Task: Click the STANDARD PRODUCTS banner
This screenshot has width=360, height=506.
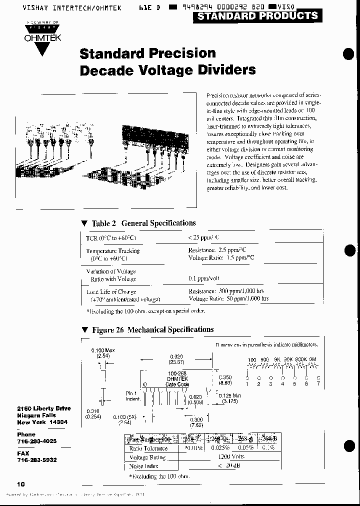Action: click(x=257, y=16)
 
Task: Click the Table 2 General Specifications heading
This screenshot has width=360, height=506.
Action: click(x=143, y=223)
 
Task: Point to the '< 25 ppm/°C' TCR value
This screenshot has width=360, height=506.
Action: click(x=203, y=238)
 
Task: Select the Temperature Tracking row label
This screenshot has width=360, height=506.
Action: click(x=113, y=251)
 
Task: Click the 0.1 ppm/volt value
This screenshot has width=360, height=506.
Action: click(x=204, y=278)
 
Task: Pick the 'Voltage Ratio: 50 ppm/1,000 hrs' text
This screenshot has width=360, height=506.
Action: click(x=228, y=298)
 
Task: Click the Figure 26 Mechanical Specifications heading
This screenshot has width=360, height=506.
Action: click(x=152, y=329)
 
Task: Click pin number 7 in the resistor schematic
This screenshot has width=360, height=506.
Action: click(x=318, y=383)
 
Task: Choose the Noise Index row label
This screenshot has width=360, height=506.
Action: click(x=144, y=466)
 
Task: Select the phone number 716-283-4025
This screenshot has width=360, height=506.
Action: click(x=36, y=441)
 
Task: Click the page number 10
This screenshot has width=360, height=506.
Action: click(x=21, y=484)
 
